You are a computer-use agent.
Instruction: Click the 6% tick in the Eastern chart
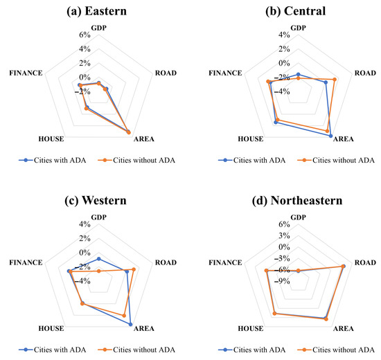[85, 35]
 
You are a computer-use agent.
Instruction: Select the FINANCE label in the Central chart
[224, 73]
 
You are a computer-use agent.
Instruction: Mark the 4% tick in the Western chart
[85, 224]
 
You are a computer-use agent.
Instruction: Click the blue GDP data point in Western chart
[98, 259]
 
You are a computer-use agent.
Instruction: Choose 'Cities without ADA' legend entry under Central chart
[336, 160]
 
